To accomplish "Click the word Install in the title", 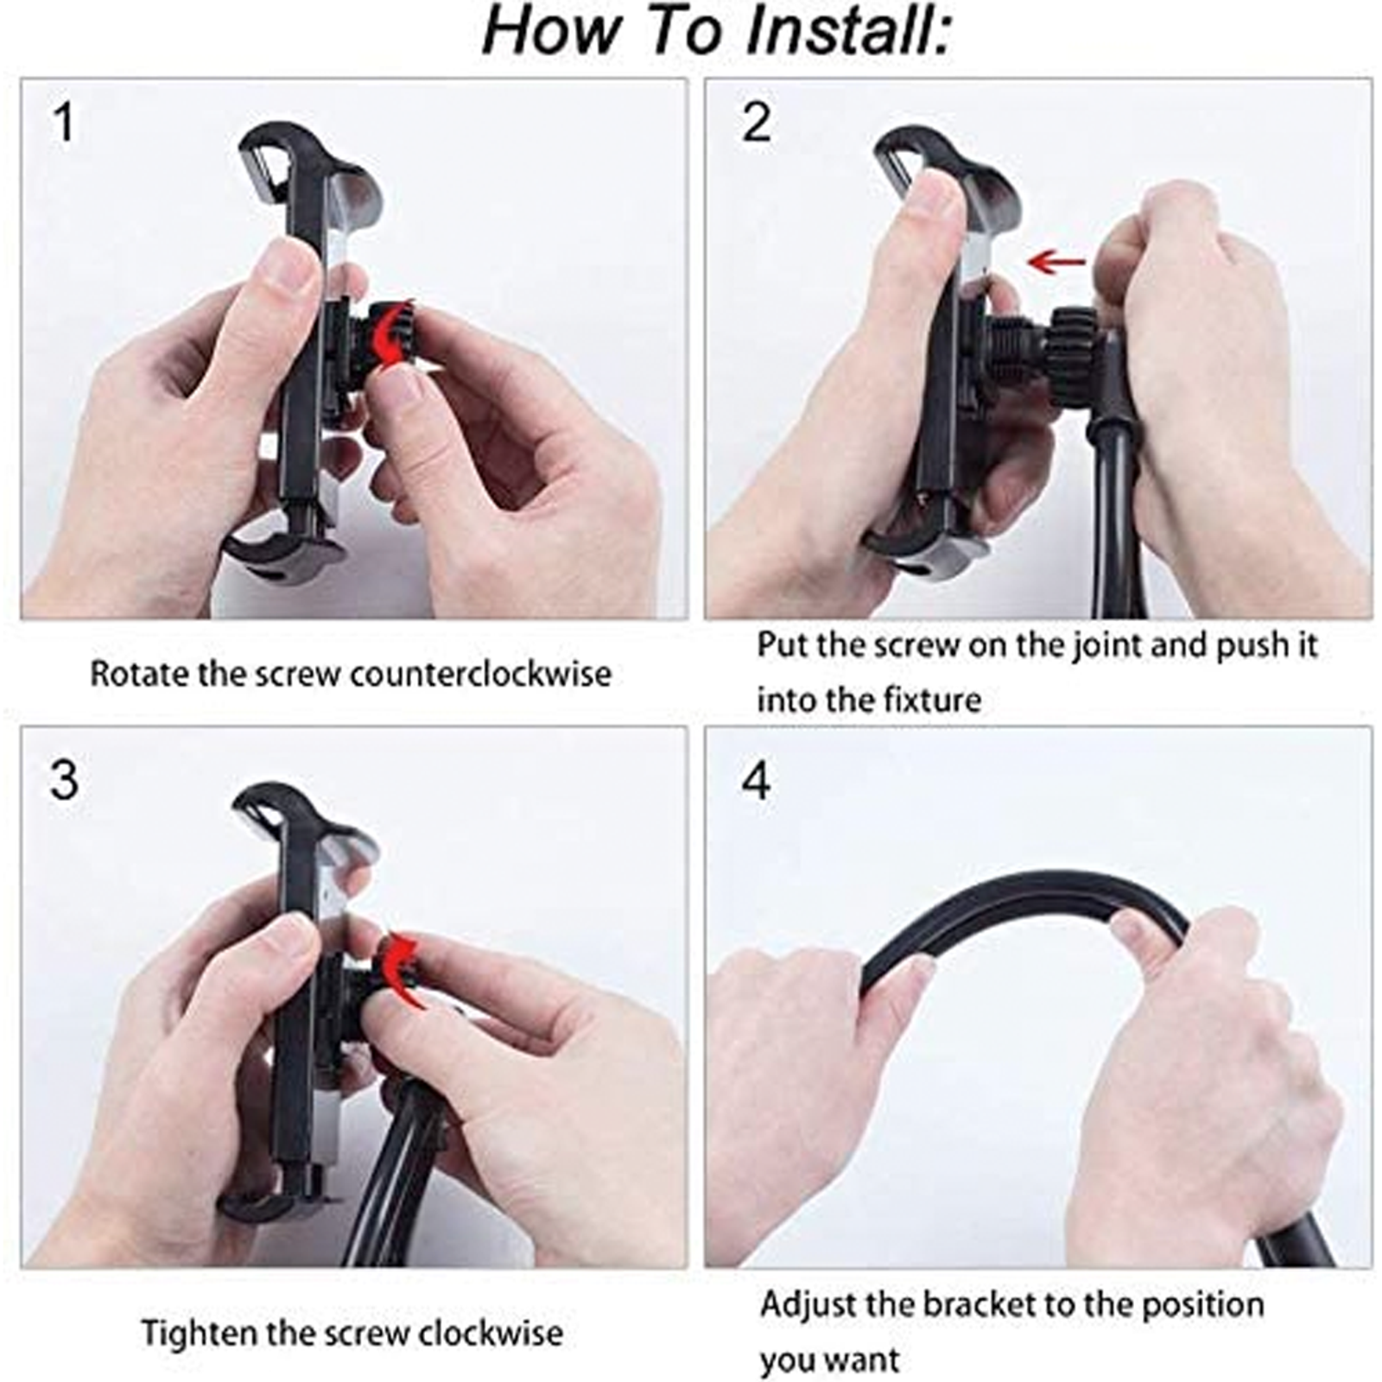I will [846, 31].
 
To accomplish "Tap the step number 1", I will [63, 123].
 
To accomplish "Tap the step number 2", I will [756, 123].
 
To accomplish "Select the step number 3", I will [64, 780].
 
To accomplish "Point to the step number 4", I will [756, 782].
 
